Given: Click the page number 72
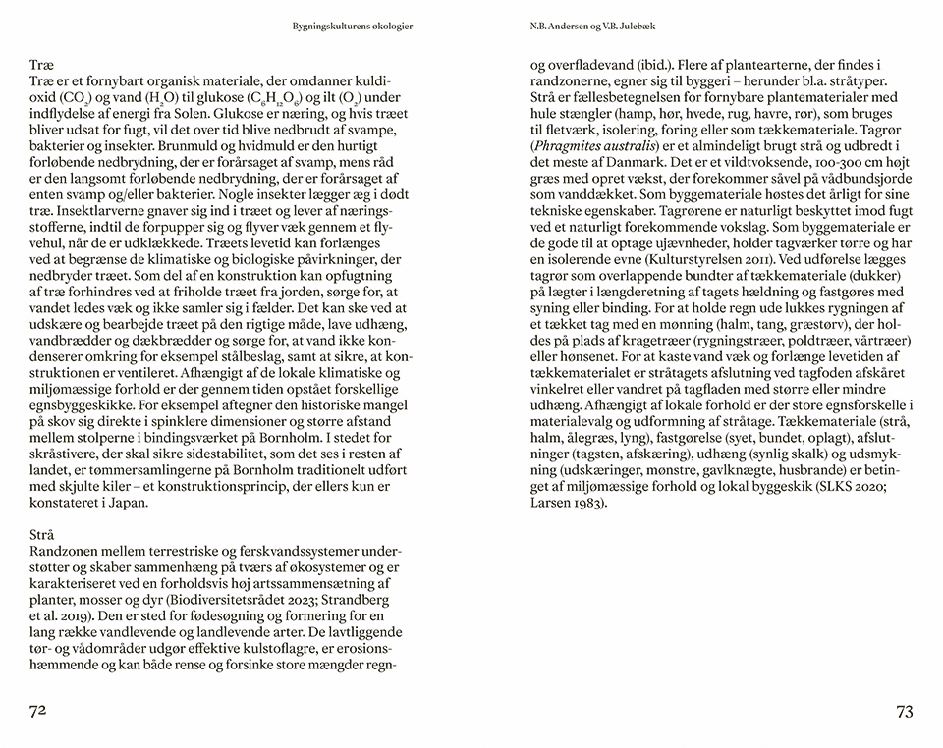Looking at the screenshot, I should point(39,711).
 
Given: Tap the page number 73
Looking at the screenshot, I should point(904,711).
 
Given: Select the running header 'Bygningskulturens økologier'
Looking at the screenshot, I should point(353,27).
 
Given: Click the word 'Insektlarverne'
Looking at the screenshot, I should point(103,210).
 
